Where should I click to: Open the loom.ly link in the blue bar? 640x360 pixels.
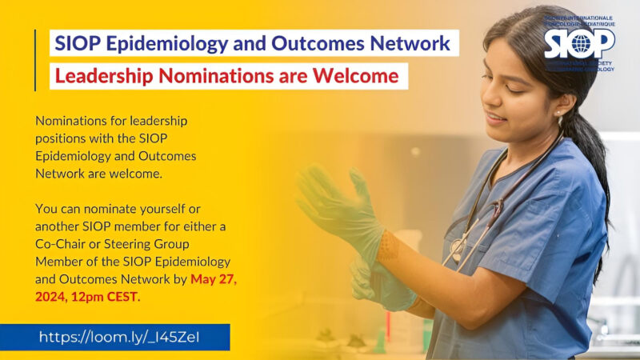[x=119, y=337]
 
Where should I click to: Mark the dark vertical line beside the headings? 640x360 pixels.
[x=35, y=60]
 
